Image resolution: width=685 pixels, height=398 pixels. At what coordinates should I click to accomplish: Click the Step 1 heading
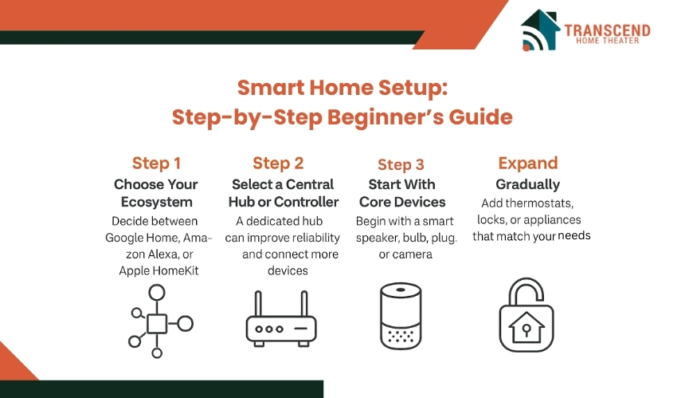tap(156, 164)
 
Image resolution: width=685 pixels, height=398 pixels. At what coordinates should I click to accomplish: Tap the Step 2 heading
tap(278, 164)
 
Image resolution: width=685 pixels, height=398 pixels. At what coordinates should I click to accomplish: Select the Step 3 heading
tap(401, 164)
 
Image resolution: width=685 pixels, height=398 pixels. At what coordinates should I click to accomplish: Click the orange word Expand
tap(528, 164)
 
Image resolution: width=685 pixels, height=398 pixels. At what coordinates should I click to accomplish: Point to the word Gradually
tap(528, 184)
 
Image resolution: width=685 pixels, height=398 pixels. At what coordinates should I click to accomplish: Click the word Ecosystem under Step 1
tap(156, 202)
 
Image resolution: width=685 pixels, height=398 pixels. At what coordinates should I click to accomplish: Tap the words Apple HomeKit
tap(159, 270)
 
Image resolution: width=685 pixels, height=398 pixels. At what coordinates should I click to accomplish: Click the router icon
tap(281, 319)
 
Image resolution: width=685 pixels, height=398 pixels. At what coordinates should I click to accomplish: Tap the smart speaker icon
tap(401, 315)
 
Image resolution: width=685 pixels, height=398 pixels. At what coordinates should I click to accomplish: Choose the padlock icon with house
tap(526, 314)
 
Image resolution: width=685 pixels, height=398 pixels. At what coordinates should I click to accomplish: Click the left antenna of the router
tap(258, 304)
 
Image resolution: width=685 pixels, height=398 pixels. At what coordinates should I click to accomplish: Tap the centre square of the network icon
tap(157, 324)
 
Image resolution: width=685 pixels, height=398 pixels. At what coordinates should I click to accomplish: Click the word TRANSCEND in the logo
tap(607, 30)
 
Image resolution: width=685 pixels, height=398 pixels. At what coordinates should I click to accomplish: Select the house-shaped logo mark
tap(540, 30)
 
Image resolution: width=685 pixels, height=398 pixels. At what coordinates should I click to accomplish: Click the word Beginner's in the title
tap(385, 117)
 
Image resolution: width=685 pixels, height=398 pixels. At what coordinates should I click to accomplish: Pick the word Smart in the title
tap(271, 88)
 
